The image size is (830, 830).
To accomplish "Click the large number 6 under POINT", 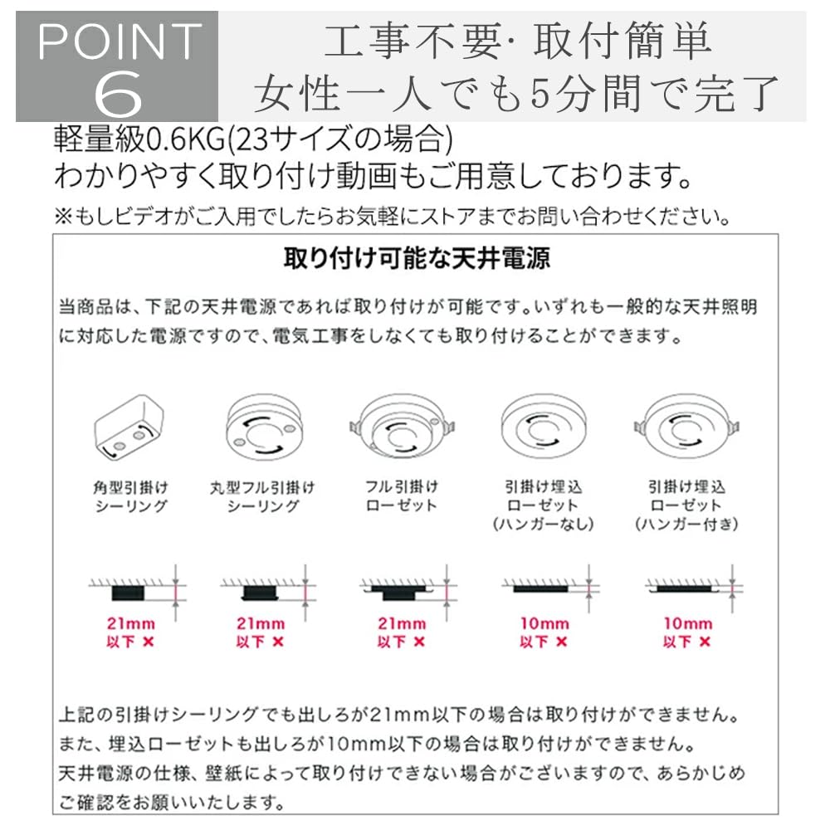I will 118,93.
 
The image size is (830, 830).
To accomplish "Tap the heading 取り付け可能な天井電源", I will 417,259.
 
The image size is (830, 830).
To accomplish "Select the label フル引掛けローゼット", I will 402,496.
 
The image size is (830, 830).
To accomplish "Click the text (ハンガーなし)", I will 543,525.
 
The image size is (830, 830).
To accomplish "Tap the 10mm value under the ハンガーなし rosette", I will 544,623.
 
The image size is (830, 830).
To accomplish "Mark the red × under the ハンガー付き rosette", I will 705,642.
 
